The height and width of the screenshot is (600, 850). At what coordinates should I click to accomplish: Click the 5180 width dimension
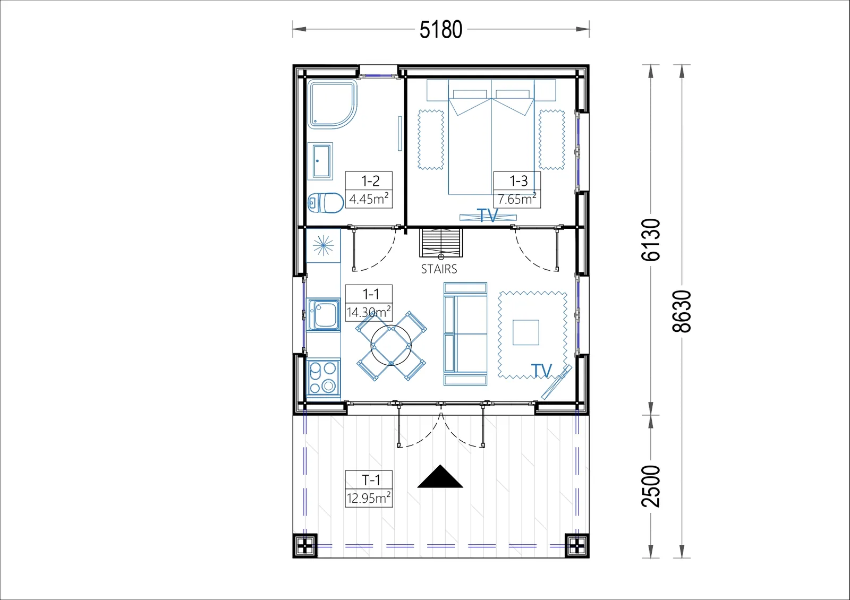pos(440,30)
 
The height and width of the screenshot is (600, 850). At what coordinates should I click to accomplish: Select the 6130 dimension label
pos(651,240)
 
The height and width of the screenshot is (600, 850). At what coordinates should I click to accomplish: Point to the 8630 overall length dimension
pos(682,311)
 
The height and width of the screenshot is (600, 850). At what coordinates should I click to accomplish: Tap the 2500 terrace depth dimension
pos(651,486)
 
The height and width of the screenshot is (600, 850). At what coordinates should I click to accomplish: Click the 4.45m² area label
pos(369,199)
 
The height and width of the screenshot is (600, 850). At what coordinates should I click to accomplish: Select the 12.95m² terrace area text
pos(369,498)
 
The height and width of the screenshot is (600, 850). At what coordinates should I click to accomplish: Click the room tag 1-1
pos(371,294)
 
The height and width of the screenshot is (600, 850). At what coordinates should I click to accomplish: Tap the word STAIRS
pos(439,269)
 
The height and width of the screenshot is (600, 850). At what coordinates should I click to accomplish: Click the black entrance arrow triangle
pos(440,478)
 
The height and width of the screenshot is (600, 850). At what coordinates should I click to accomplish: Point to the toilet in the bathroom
pos(326,203)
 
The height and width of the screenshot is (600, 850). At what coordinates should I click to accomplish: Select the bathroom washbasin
pos(320,161)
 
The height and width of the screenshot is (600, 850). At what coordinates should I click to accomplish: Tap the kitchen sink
pos(324,315)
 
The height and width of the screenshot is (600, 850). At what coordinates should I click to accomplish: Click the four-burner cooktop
pos(324,378)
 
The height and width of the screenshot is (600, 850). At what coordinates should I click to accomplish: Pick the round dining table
pos(391,346)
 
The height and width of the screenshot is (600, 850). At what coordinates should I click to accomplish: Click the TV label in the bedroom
pos(487,216)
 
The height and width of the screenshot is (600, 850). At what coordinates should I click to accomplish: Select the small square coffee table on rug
pos(525,332)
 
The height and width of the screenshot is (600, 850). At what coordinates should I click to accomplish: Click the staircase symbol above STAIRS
pos(441,243)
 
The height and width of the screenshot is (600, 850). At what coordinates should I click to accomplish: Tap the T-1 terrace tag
pos(371,480)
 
